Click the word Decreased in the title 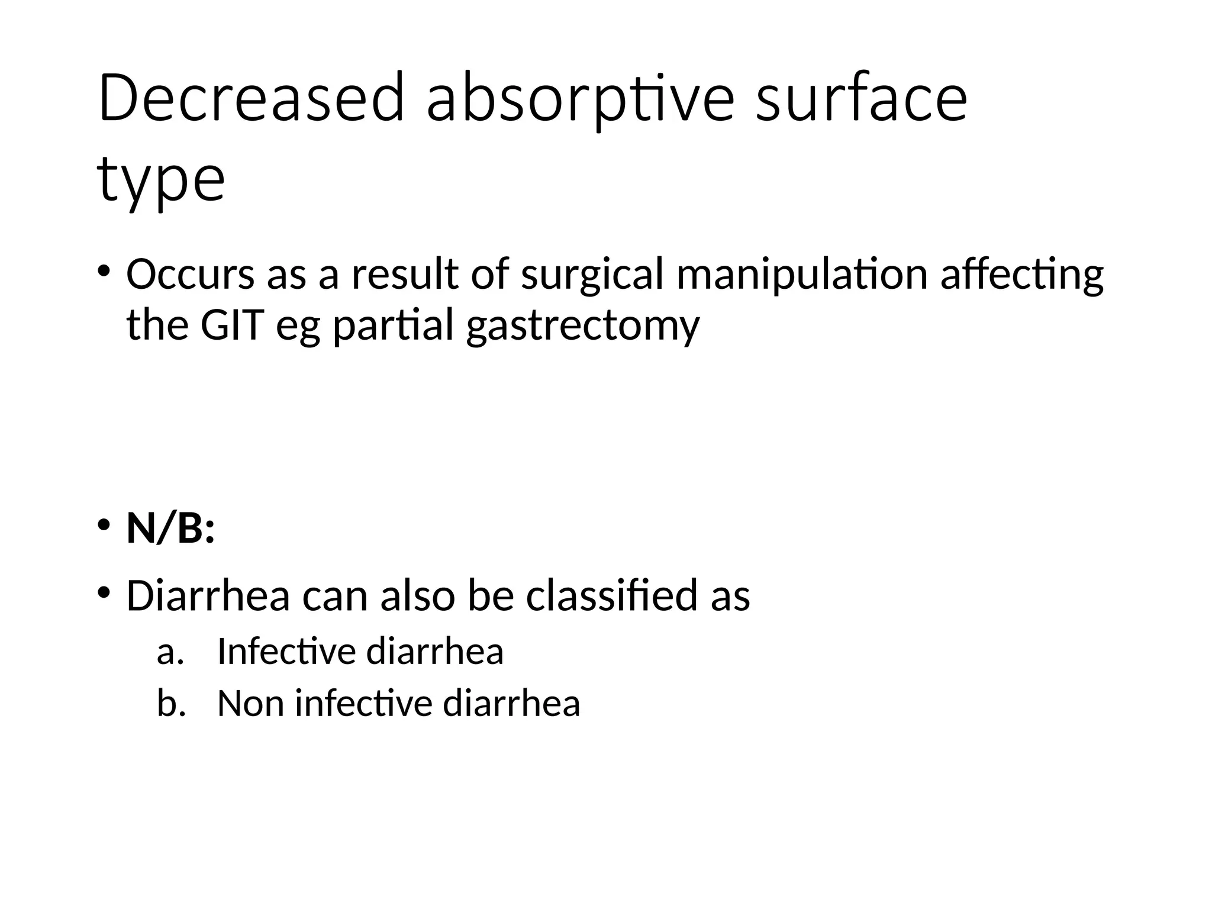tap(252, 98)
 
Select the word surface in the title tap(861, 98)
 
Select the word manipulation tap(802, 276)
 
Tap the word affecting tap(1022, 276)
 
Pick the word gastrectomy tap(583, 327)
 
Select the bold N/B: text tap(170, 528)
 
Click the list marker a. tap(170, 652)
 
